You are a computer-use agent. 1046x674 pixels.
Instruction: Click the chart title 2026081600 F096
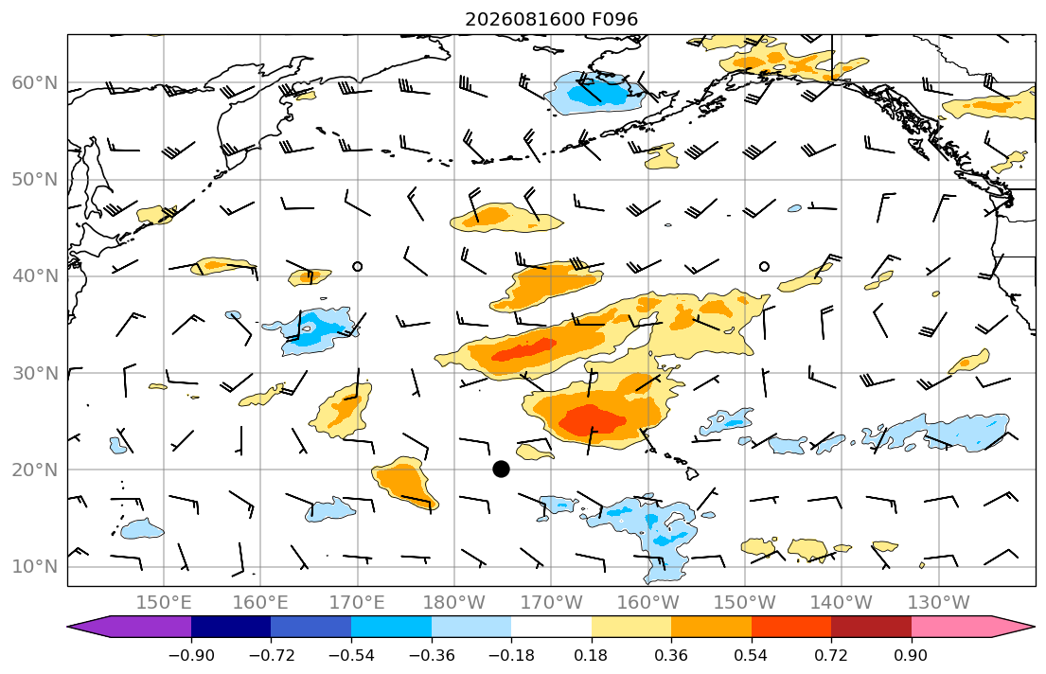click(x=551, y=19)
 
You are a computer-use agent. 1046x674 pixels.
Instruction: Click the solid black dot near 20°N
click(x=501, y=470)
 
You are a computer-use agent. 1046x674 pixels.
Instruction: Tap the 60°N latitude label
click(x=35, y=82)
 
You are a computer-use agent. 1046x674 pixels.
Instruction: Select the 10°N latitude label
click(x=35, y=567)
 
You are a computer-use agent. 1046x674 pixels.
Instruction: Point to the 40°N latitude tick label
click(x=35, y=276)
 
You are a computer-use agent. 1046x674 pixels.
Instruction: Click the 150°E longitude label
click(x=164, y=603)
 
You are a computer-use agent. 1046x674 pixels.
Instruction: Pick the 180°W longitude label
click(x=454, y=603)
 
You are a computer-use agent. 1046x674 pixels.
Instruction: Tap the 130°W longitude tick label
click(x=939, y=603)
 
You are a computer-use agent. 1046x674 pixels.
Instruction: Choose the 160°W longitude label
click(x=647, y=603)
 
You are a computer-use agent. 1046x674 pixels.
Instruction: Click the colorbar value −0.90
click(x=191, y=655)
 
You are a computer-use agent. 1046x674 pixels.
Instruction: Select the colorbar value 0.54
click(x=752, y=655)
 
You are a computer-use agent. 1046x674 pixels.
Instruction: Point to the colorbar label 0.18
click(x=591, y=655)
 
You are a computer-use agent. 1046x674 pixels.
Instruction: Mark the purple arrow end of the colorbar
click(x=133, y=627)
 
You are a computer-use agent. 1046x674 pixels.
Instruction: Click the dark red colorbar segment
click(x=871, y=627)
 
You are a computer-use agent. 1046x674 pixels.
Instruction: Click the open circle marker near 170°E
click(x=358, y=266)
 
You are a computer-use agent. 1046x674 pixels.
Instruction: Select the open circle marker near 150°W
click(x=765, y=266)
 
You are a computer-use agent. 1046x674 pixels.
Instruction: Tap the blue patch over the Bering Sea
click(x=594, y=94)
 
